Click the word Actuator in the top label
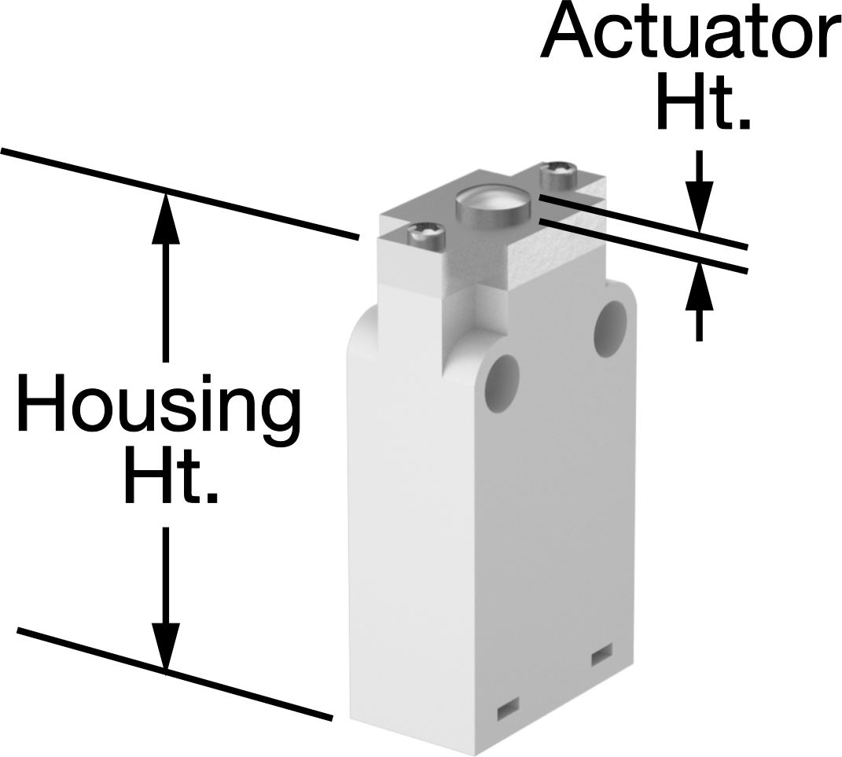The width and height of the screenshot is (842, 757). coord(691,30)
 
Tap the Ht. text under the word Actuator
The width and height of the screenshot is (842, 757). coord(702,101)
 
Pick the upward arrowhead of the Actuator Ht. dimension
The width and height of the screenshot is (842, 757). coord(699,285)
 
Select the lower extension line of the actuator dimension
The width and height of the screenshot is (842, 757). coord(643,246)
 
